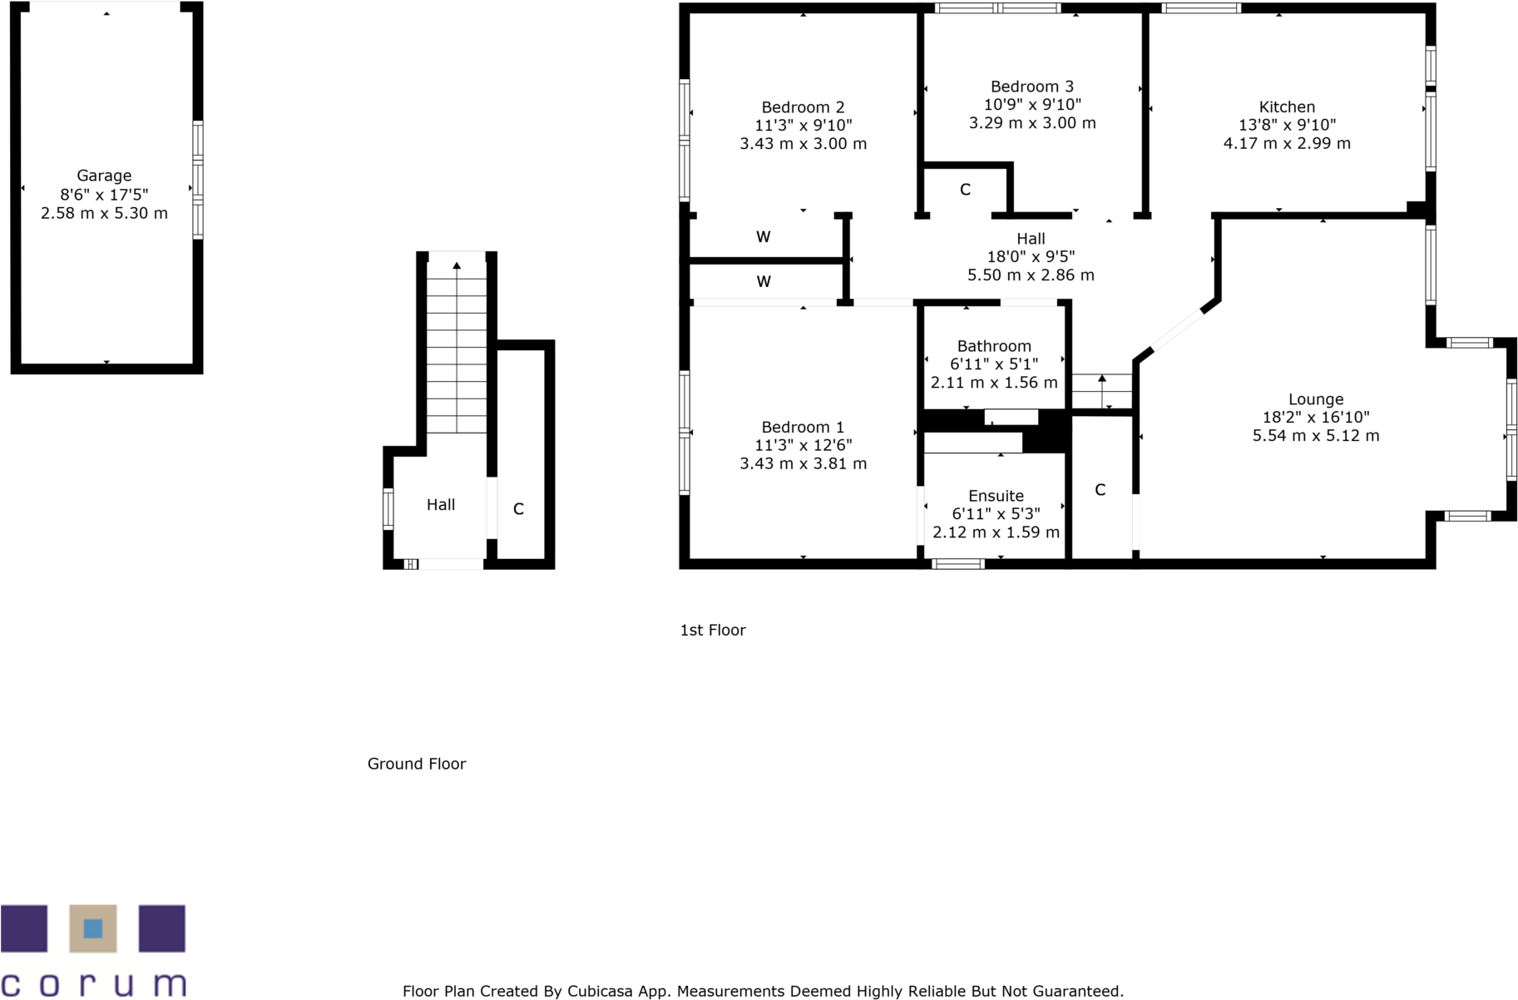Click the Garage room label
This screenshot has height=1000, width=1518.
pos(104,176)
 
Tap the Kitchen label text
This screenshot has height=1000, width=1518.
pos(1287,106)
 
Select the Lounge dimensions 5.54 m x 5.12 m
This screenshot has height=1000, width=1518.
pos(1316,435)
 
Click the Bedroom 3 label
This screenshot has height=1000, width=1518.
pos(1031,87)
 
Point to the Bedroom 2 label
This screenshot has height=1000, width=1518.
pos(803,107)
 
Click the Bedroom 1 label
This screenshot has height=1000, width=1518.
pos(803,427)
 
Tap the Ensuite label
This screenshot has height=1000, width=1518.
pos(996,496)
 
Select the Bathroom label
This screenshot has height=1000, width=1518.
pos(994,346)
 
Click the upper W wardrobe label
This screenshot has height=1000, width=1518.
pos(764,237)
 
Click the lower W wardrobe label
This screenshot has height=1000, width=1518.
pos(764,282)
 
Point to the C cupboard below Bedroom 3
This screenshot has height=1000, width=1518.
pos(965,190)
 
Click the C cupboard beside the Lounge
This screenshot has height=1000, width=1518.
pos(1100,490)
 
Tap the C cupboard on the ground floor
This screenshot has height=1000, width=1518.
pos(518,509)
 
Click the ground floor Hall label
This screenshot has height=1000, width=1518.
pos(441,504)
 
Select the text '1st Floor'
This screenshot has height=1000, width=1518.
pos(713,630)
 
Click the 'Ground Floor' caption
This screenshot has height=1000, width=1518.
pos(416,764)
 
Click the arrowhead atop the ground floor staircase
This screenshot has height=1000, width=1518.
pos(457,265)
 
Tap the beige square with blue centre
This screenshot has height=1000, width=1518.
pos(93,928)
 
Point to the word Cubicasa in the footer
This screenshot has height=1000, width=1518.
pos(598,991)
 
